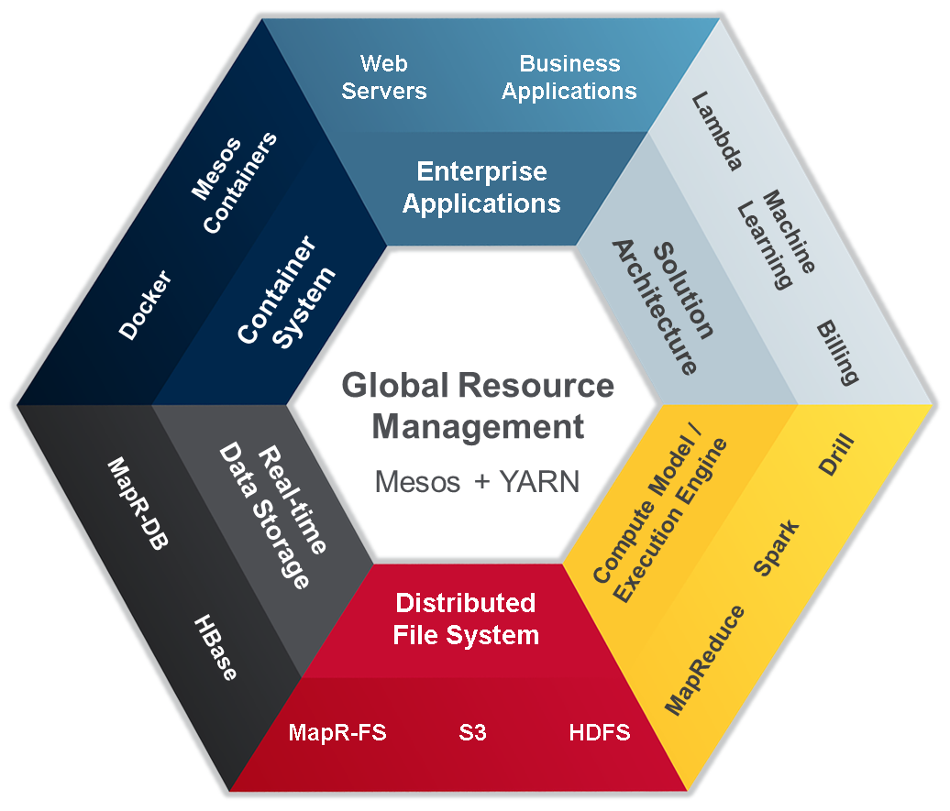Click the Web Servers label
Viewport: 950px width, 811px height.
[383, 77]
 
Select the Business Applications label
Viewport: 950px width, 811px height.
[569, 77]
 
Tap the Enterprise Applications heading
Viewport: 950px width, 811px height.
[481, 187]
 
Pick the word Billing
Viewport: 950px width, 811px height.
[837, 352]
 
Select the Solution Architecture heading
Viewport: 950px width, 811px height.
[663, 308]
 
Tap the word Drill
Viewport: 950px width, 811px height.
[836, 455]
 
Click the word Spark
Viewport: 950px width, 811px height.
[776, 548]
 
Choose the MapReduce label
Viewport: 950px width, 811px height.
[704, 659]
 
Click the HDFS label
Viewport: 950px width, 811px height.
[600, 733]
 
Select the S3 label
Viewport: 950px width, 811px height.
[473, 733]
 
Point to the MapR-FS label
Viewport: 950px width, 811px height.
[337, 733]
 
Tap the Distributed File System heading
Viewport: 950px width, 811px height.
[466, 619]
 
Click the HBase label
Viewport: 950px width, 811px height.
[215, 647]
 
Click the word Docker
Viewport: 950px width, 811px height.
[146, 304]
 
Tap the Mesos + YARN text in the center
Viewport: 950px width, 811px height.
[477, 481]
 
